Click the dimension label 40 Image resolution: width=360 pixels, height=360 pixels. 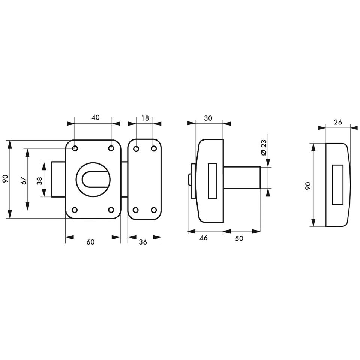coord(96,117)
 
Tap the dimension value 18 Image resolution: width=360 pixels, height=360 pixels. coord(145,118)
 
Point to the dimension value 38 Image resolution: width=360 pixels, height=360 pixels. coord(39,181)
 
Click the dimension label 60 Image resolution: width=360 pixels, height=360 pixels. coord(91,242)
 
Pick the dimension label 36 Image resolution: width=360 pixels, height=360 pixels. coord(143,242)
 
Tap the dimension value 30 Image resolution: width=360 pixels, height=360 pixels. coord(208,118)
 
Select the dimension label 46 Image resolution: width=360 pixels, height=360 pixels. coord(203,238)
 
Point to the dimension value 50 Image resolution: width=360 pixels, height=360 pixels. coord(239,238)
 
